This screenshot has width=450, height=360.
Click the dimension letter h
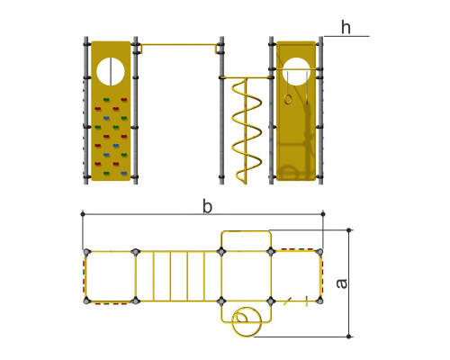coord(346,27)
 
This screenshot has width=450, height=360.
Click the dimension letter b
coord(207,206)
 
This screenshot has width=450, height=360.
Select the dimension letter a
coord(341,283)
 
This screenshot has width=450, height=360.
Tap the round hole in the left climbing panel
coord(111,71)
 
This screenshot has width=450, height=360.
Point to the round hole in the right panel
coord(296,71)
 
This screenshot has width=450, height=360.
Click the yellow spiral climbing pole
coord(247,130)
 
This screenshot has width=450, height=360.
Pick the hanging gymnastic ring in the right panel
coord(288,99)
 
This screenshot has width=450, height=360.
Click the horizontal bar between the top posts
coord(179,45)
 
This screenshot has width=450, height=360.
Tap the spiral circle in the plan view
coord(247,321)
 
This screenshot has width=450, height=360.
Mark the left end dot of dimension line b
coord(83,214)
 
